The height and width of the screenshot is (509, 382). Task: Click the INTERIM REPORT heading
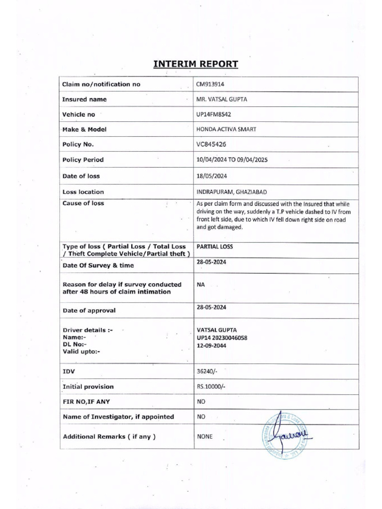click(195, 64)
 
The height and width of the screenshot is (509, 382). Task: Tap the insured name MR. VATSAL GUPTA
click(222, 99)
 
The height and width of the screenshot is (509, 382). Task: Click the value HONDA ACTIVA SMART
click(227, 129)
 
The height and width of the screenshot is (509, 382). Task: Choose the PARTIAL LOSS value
click(215, 247)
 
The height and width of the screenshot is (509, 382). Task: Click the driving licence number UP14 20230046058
click(222, 338)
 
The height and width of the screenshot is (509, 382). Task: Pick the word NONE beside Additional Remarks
click(205, 436)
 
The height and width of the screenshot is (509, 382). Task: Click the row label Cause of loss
click(83, 203)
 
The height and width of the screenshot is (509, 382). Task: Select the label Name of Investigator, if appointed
click(118, 417)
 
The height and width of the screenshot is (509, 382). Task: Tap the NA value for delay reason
click(201, 285)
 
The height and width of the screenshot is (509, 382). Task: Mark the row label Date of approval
click(89, 310)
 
